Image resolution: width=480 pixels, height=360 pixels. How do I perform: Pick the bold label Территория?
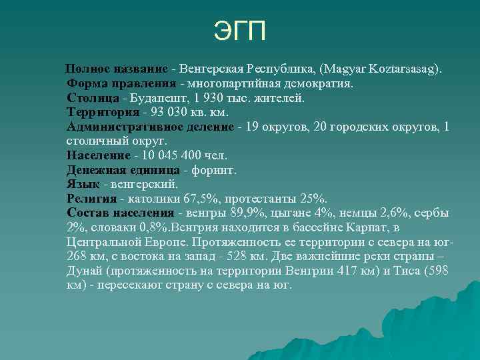click(99, 112)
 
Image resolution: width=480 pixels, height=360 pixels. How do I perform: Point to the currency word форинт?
click(213, 169)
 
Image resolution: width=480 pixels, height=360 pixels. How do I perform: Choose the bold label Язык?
click(82, 184)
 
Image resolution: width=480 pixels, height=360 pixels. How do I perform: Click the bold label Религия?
click(91, 198)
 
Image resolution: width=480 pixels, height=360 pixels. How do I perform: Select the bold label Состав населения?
click(120, 213)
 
